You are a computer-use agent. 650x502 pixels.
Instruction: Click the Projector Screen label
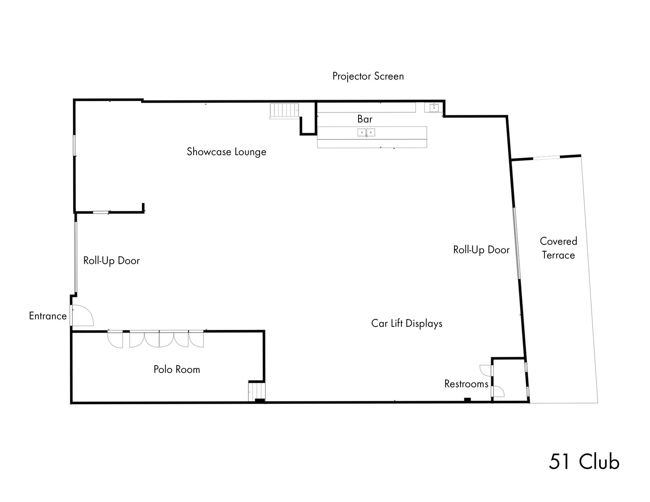point(368,76)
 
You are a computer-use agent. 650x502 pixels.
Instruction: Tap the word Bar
point(365,119)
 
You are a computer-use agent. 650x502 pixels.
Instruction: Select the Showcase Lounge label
point(226,152)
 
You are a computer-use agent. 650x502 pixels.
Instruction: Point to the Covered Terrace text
point(558,248)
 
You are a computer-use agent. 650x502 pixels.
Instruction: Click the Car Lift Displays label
point(407,323)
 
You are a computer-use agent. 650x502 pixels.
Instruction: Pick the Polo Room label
point(177,369)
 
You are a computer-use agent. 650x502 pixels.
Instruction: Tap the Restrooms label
point(466,384)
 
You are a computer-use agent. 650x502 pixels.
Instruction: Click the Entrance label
point(48,316)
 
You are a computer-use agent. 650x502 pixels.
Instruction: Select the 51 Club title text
point(584,462)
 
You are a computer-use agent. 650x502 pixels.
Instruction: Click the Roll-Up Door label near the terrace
point(481,250)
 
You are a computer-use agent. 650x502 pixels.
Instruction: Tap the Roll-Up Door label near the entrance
point(111,261)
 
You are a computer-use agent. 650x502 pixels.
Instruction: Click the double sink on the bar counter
point(366,132)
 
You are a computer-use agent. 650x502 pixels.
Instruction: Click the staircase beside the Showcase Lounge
point(284,111)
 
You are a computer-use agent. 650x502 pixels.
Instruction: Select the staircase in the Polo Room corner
point(257,391)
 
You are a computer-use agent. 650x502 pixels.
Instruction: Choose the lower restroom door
point(498,392)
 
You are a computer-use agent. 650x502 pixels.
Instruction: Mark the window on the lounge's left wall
point(74,145)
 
